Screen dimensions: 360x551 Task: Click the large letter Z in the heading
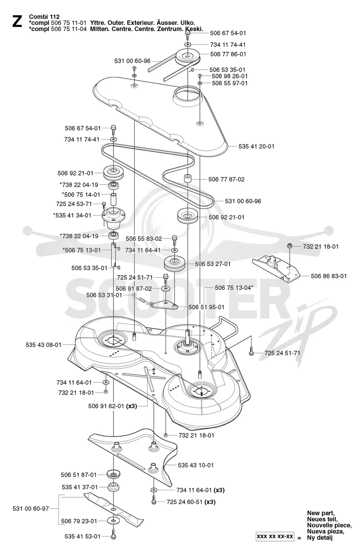point(17,22)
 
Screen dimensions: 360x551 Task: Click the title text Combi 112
point(44,17)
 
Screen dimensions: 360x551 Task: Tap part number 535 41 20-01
point(256,146)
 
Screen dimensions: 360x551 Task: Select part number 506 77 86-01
point(228,54)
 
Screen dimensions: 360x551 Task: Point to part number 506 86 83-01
point(328,276)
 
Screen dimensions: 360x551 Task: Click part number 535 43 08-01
point(44,345)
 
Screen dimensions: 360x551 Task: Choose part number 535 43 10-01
point(196,465)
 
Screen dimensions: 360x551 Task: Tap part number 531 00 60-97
point(31,508)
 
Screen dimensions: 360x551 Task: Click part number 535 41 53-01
point(83,536)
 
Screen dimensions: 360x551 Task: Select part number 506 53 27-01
point(213,264)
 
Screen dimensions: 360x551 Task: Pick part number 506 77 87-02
point(226,179)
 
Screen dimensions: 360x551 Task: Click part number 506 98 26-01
point(229,76)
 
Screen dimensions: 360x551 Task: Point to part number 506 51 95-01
point(206,307)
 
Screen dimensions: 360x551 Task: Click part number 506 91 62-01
point(106,406)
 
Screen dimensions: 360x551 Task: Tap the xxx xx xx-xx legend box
point(275,536)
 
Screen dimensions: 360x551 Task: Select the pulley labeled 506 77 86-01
point(187,57)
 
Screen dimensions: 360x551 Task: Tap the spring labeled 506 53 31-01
point(141,299)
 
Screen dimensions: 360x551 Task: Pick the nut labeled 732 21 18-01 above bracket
point(290,246)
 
